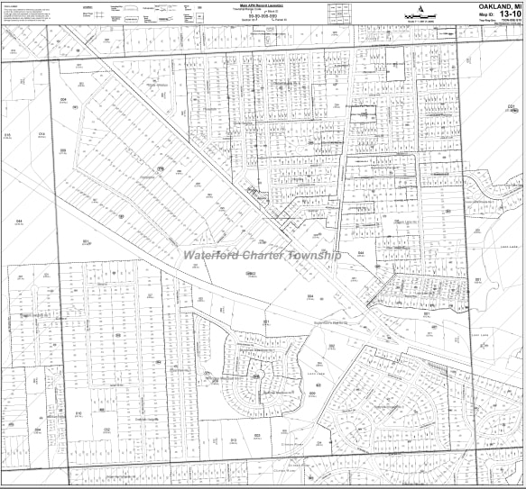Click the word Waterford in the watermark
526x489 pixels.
213,255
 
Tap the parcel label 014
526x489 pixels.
42,134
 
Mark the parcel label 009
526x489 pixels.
63,150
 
